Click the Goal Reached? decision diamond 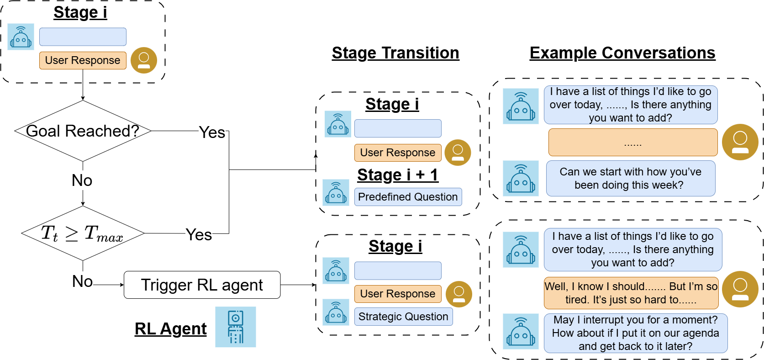tap(83, 131)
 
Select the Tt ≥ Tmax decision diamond tap(83, 233)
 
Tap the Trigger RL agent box tap(202, 285)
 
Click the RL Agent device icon tap(236, 327)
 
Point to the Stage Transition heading tap(395, 53)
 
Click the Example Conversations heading tap(622, 53)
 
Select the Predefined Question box tap(408, 197)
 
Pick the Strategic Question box tap(403, 317)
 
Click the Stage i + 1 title tap(398, 175)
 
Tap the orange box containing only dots tap(632, 143)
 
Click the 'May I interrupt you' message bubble tap(635, 333)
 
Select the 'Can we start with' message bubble tap(630, 178)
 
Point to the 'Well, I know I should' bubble tap(631, 293)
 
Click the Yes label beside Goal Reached tap(212, 132)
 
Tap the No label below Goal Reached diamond tap(82, 180)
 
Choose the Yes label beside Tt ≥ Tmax tap(199, 235)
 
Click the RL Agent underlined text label tap(170, 329)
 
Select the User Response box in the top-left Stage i tap(83, 60)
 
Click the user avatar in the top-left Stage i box tap(144, 60)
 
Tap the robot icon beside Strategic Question tap(336, 312)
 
